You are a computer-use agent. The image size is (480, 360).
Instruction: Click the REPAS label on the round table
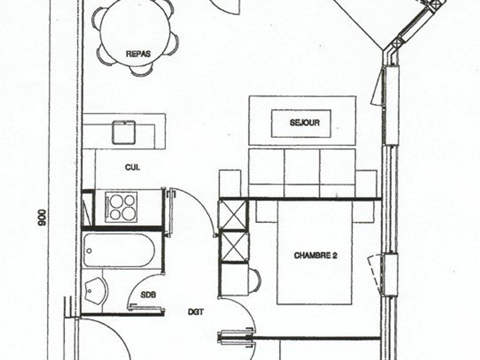(x=138, y=54)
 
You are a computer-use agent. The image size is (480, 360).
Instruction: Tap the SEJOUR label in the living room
(x=305, y=123)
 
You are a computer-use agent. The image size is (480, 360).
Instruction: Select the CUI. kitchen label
(x=132, y=168)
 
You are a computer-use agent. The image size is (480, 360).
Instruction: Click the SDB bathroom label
(x=148, y=295)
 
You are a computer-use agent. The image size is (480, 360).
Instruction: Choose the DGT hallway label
(x=196, y=312)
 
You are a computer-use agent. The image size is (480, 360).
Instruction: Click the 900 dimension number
(x=42, y=218)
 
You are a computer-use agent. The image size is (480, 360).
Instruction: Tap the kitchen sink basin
(x=124, y=132)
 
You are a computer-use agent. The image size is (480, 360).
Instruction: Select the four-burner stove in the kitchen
(x=121, y=207)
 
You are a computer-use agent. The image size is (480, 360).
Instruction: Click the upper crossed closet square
(x=233, y=215)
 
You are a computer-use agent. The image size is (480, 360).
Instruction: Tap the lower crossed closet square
(x=234, y=246)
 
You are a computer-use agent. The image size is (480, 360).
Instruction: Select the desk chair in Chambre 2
(x=254, y=280)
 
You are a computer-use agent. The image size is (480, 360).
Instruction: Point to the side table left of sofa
(x=230, y=183)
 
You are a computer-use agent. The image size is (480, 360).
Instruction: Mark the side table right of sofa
(x=366, y=183)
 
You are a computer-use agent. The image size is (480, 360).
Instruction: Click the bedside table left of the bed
(x=266, y=211)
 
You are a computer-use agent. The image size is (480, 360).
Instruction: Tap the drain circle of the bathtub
(x=89, y=251)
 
